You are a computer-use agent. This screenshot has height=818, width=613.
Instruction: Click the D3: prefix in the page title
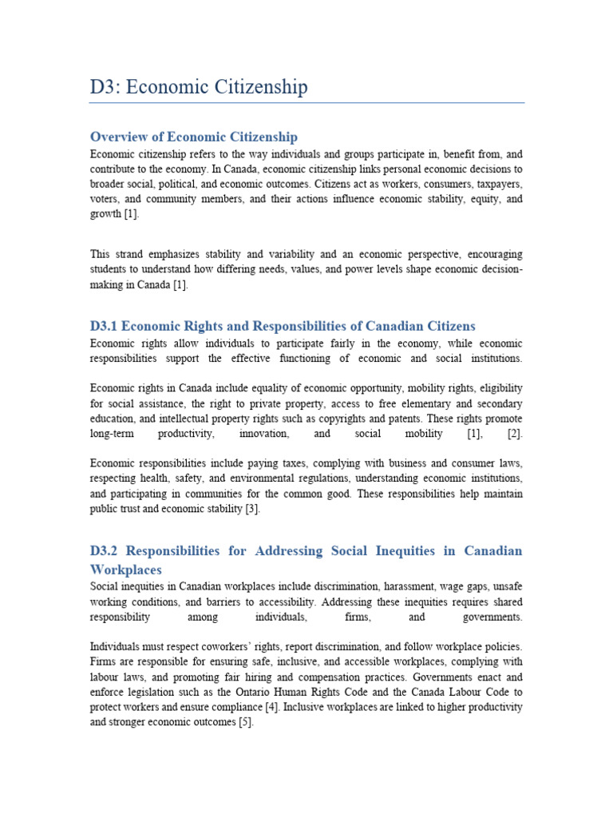point(105,87)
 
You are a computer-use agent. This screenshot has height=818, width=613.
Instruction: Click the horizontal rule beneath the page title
point(306,103)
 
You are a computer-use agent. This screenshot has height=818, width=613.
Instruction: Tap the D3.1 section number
point(104,326)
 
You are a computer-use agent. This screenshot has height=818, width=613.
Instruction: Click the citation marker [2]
point(515,434)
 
